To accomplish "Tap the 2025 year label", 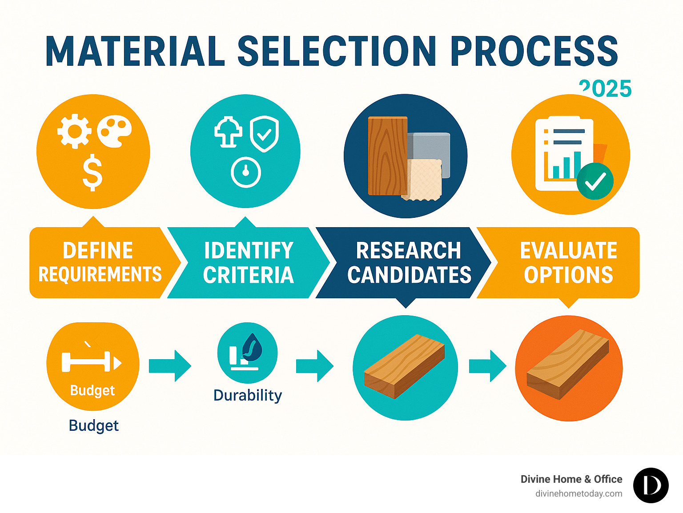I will tap(606, 89).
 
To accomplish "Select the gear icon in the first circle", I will tap(74, 131).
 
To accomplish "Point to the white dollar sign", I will tap(92, 172).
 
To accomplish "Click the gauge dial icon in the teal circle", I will tap(246, 172).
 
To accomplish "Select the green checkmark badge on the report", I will tap(595, 181).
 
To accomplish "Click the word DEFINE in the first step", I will tap(98, 251).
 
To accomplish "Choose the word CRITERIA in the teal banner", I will tap(249, 275).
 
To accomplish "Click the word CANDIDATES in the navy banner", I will tap(409, 275).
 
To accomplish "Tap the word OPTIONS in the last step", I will tap(568, 275).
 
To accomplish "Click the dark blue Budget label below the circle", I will tap(94, 425).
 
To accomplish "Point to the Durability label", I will tap(248, 395).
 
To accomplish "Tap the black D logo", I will tap(651, 485).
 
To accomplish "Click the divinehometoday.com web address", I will tap(579, 493).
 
